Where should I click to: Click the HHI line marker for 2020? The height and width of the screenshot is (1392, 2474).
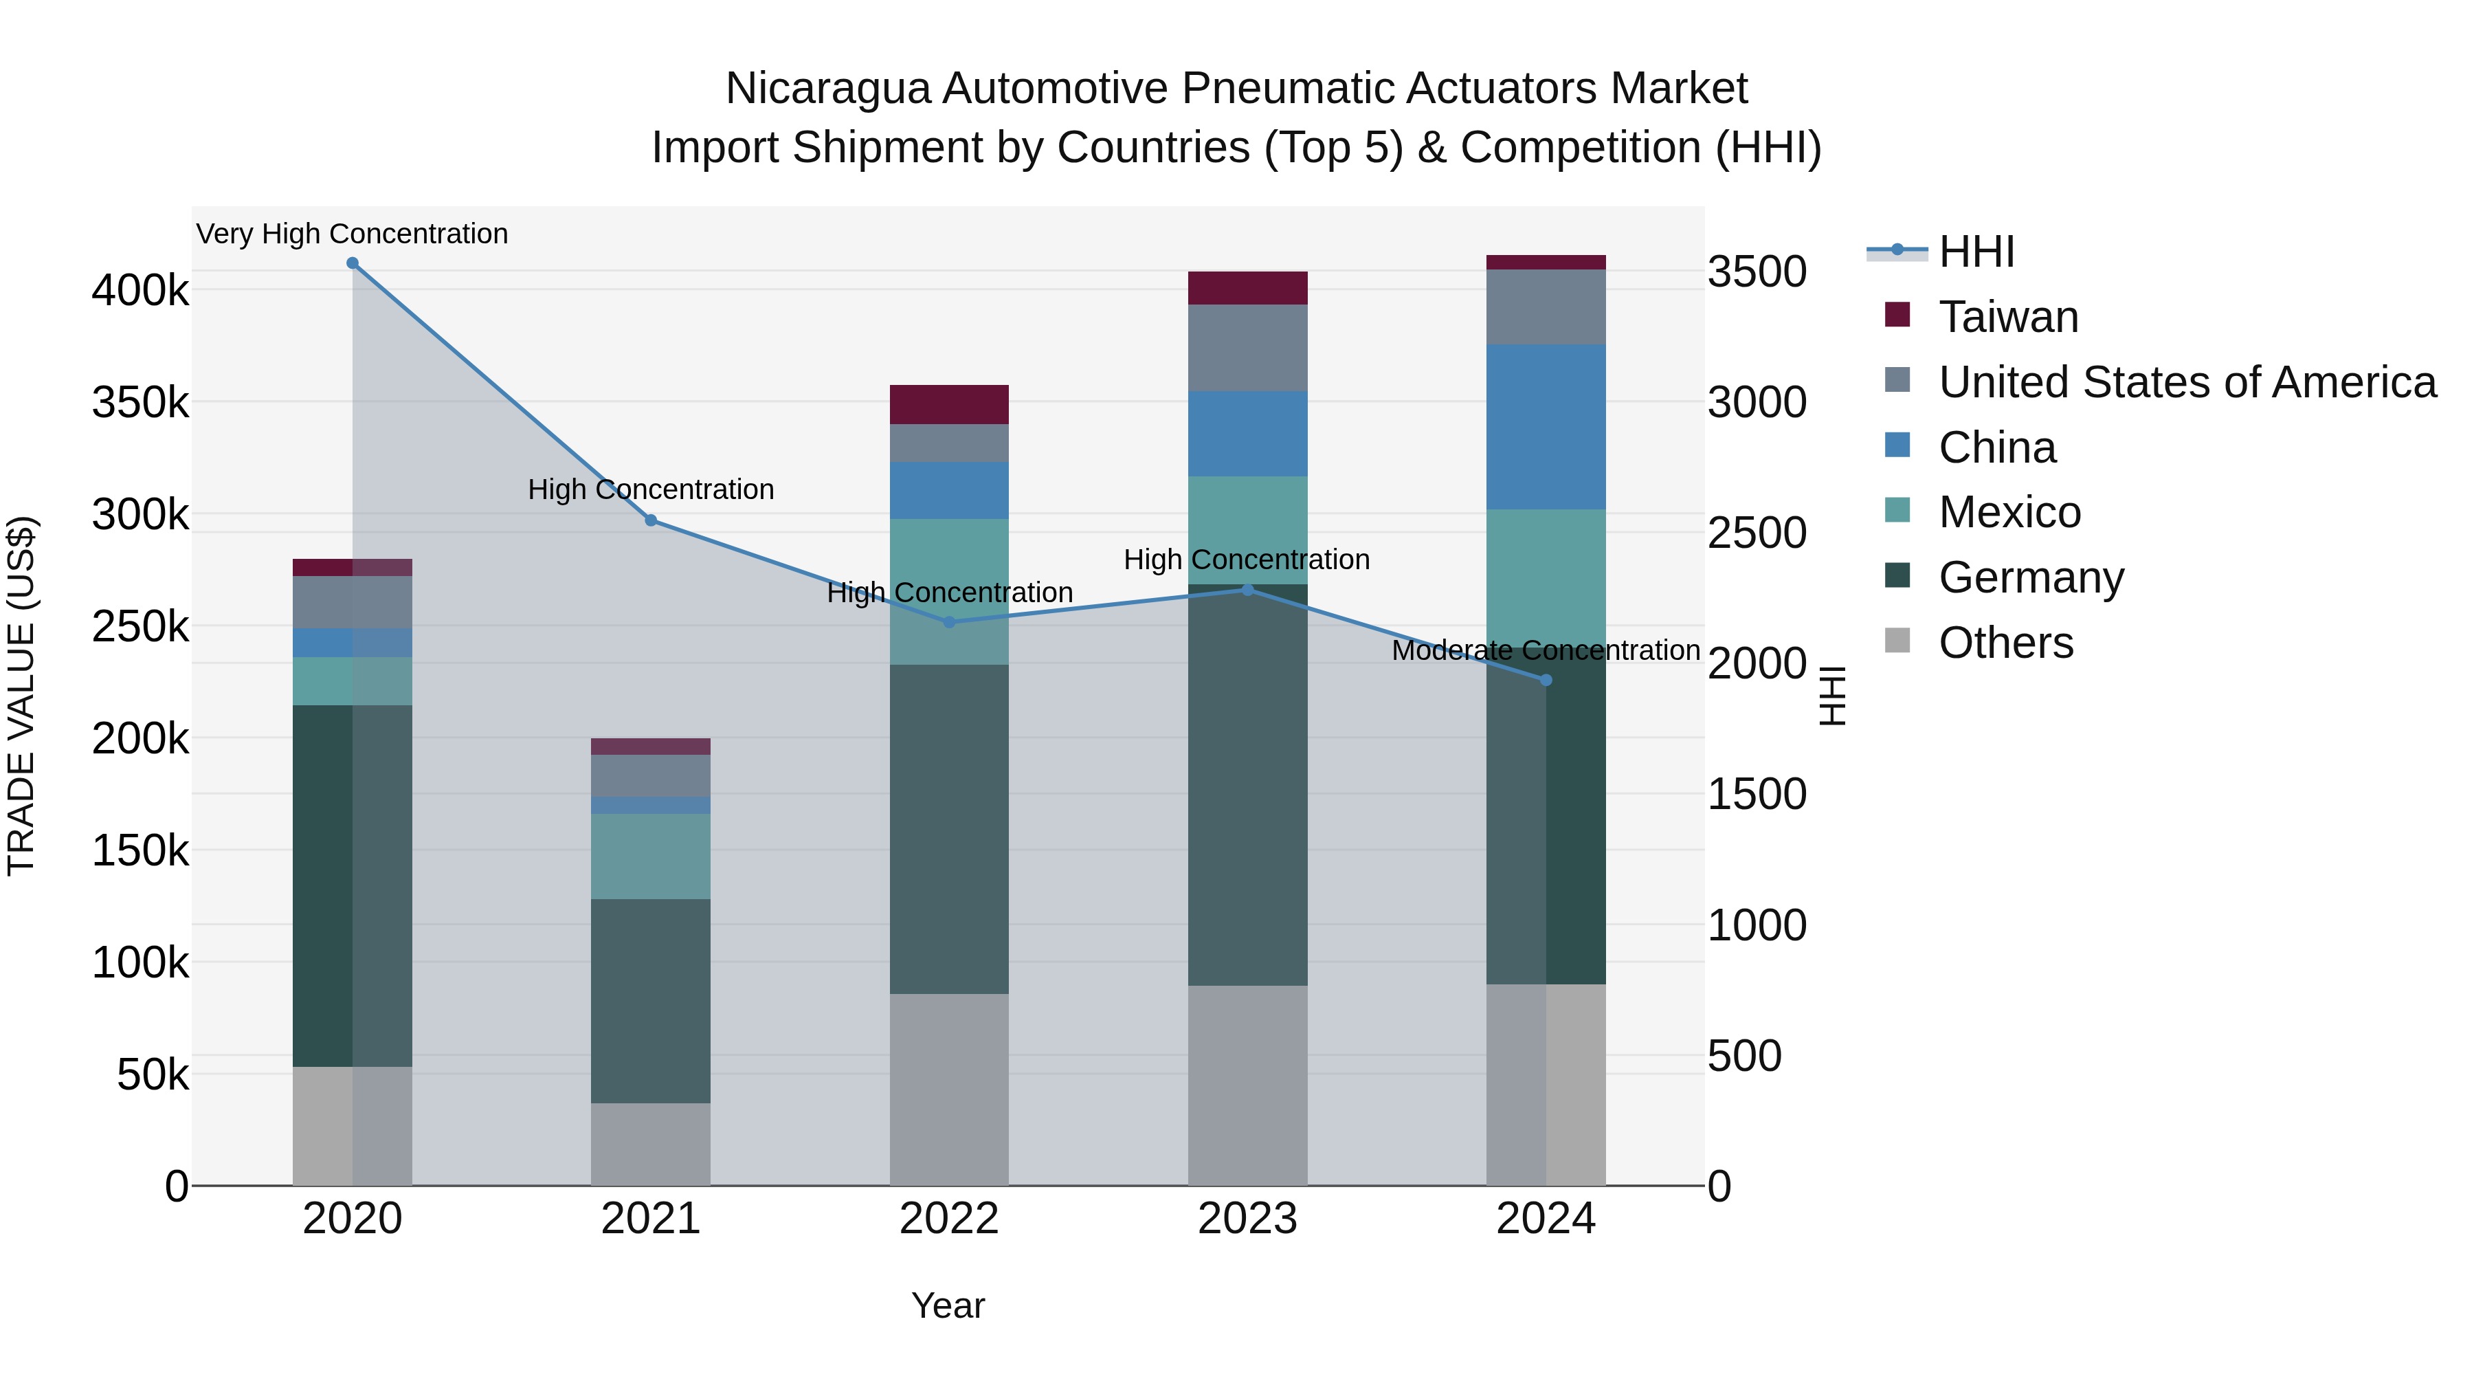pos(353,263)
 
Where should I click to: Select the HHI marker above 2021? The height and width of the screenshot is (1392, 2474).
pos(650,520)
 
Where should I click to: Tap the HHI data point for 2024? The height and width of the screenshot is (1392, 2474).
pos(1546,680)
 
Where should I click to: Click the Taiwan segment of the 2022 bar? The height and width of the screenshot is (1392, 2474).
pos(949,404)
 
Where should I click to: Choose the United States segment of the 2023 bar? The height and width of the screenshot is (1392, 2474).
pos(1247,348)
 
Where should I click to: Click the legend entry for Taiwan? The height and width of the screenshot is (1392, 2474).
pos(2007,317)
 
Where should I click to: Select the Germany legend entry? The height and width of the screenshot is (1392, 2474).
pos(2030,577)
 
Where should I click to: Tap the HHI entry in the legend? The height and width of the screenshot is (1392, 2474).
pos(1976,252)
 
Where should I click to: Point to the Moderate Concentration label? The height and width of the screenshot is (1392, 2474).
pos(1546,650)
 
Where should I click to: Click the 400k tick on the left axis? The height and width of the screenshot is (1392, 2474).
pos(140,289)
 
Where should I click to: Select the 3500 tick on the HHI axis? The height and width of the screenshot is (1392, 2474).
pos(1757,271)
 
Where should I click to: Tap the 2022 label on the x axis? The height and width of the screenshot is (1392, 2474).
pos(949,1219)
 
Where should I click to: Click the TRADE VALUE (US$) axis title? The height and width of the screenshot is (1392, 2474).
pos(21,696)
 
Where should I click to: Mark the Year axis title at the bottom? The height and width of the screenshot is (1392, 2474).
pos(948,1305)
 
